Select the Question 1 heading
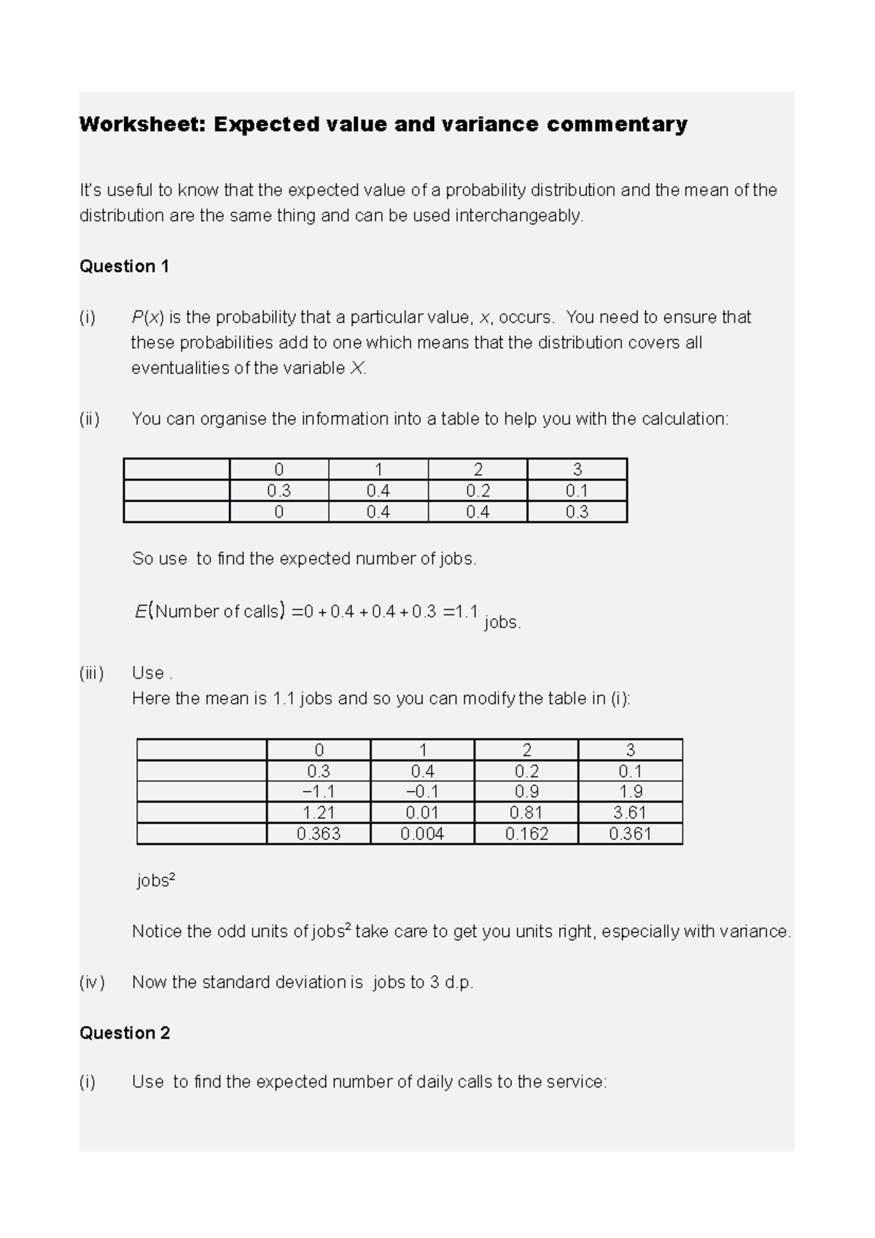tap(124, 267)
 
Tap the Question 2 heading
tap(125, 1033)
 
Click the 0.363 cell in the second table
tap(319, 834)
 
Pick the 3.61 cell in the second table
tap(630, 813)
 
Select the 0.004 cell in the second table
tap(422, 834)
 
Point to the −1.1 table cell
tap(319, 792)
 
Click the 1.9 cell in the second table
tap(630, 792)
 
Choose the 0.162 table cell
tap(526, 834)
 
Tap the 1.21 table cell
tap(319, 813)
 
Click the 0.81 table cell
tap(526, 813)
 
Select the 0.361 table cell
tap(630, 834)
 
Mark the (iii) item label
tap(92, 673)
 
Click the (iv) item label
tap(92, 983)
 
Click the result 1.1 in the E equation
tap(467, 612)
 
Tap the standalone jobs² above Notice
tap(156, 881)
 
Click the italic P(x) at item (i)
tap(147, 318)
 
